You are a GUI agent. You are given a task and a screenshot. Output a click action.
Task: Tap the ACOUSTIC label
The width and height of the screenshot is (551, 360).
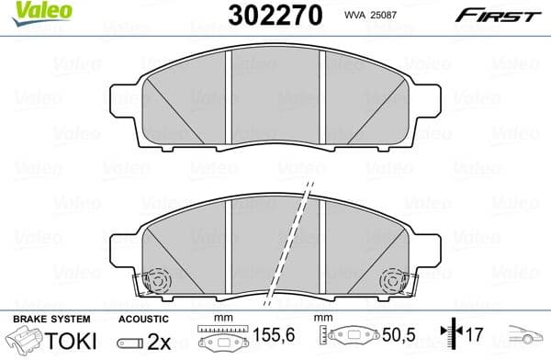143,318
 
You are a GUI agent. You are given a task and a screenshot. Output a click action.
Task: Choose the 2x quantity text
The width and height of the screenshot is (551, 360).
159,340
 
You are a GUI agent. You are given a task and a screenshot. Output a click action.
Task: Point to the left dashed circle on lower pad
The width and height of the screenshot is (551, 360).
157,278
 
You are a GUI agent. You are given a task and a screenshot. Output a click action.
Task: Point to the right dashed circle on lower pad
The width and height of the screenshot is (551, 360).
394,278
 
